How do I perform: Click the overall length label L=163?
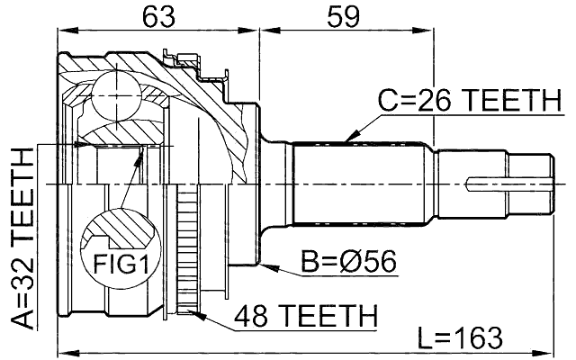[x=461, y=338]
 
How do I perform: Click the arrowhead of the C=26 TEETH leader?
[x=349, y=140]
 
